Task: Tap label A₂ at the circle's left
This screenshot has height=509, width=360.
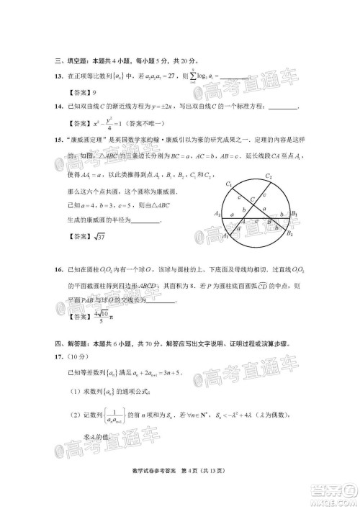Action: tap(217, 213)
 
